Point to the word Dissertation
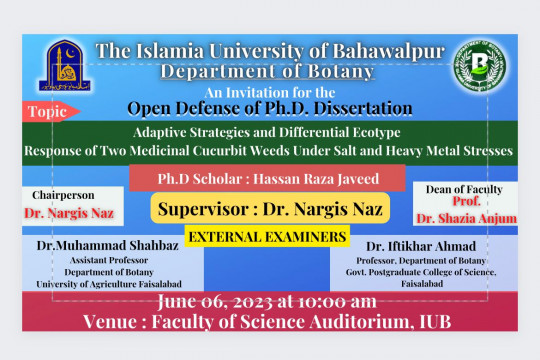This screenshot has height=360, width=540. tap(348, 108)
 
